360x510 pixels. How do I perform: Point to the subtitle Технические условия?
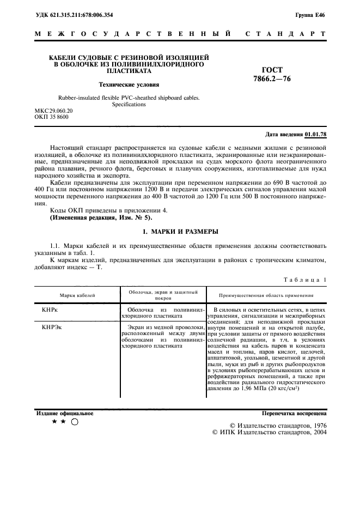(x=129, y=84)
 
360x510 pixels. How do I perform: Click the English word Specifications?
(x=129, y=104)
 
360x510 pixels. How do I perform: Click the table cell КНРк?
(x=50, y=309)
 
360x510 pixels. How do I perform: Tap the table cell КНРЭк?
(x=52, y=327)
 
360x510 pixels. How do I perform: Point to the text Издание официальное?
(x=65, y=414)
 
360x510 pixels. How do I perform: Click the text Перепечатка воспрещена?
(x=294, y=414)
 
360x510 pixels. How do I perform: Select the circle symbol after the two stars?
(x=75, y=422)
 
